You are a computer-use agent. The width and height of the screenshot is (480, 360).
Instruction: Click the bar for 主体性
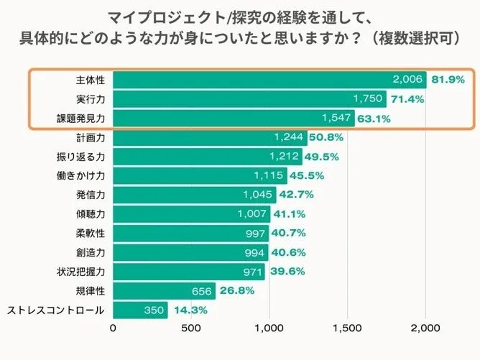[x=269, y=80]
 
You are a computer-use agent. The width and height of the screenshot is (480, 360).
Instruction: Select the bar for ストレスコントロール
[x=140, y=310]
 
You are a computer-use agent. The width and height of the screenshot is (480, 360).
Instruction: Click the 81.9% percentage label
[x=448, y=80]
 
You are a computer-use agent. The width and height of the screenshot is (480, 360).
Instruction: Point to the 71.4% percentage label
[x=407, y=99]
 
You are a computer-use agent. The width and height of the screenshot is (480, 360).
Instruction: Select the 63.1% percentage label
[x=375, y=119]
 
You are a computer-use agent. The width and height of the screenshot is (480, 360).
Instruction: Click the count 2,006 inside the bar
[x=407, y=80]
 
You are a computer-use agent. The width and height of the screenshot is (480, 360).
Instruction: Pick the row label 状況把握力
[x=81, y=272]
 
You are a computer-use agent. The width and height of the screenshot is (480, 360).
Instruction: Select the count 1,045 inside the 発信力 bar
[x=257, y=195]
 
